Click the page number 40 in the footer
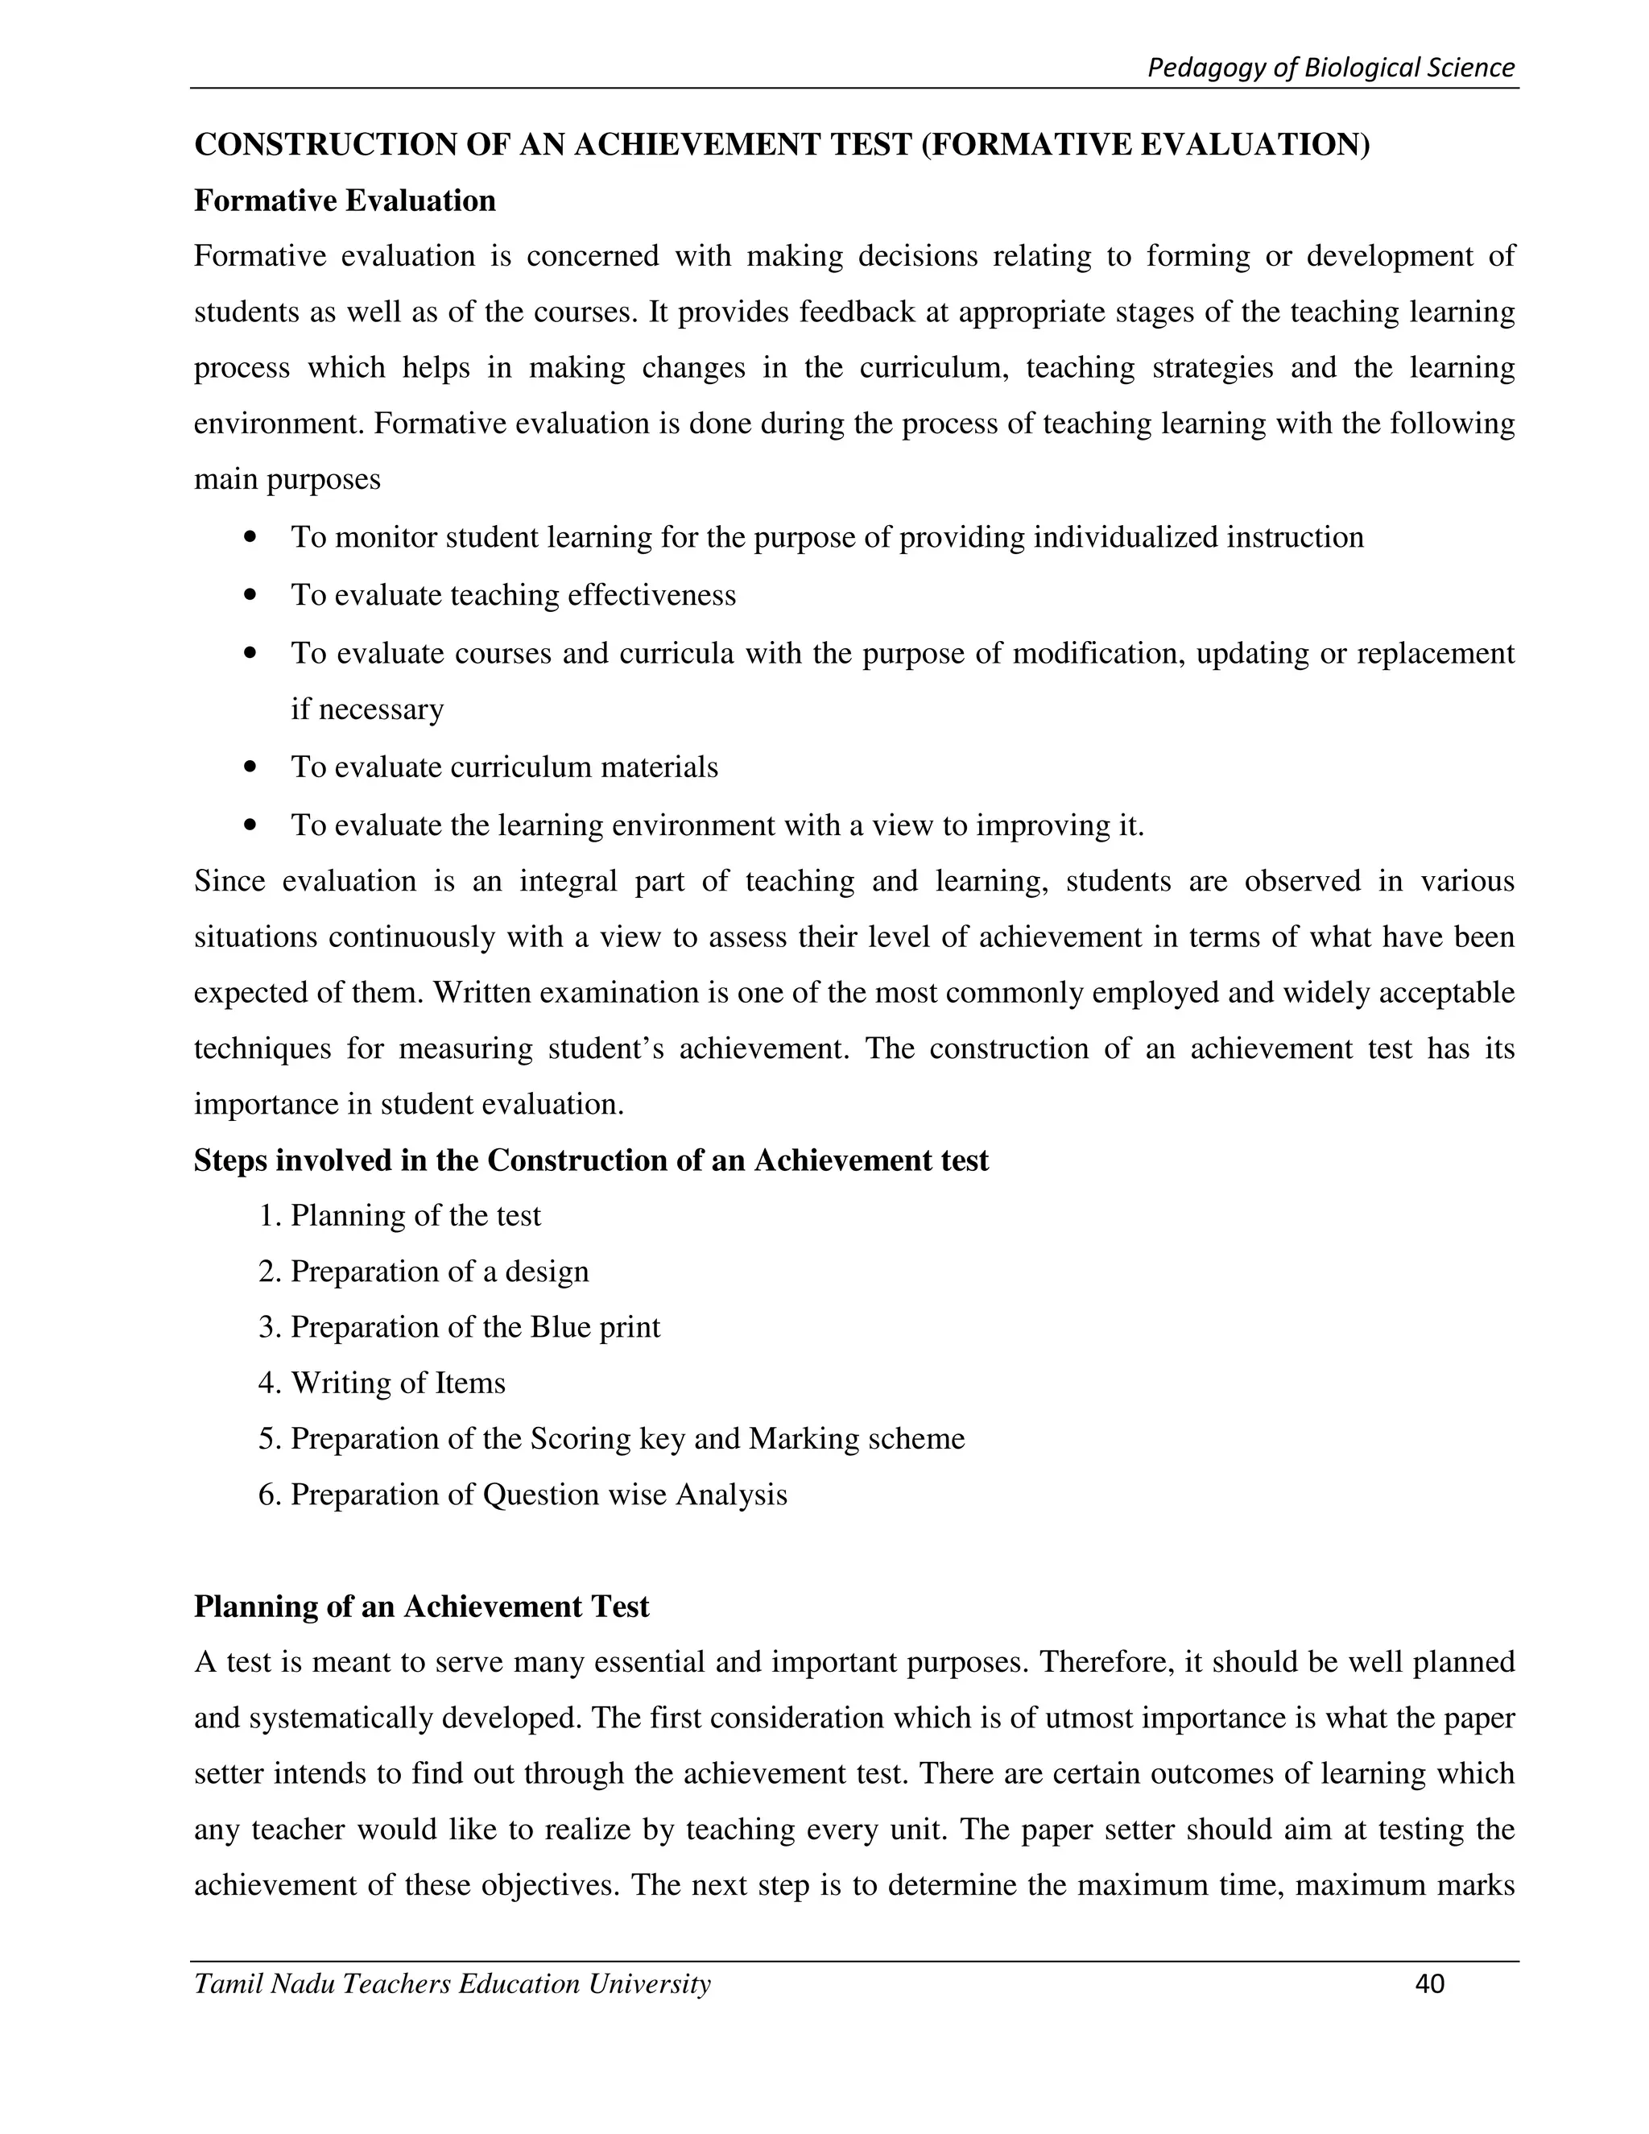tap(1428, 1983)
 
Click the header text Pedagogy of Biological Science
tap(1330, 68)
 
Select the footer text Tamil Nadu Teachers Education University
tap(453, 1983)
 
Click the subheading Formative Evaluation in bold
tap(345, 201)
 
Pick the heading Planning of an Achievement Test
tap(421, 1607)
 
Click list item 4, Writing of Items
tap(382, 1383)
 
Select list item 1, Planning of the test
tap(399, 1215)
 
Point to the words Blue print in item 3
tap(595, 1327)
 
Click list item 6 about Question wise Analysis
tap(523, 1494)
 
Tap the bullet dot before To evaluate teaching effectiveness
tap(252, 594)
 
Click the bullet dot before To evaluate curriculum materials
tap(252, 767)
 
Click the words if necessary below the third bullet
tap(367, 709)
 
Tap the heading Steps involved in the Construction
tap(591, 1160)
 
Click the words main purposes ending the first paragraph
tap(287, 480)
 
